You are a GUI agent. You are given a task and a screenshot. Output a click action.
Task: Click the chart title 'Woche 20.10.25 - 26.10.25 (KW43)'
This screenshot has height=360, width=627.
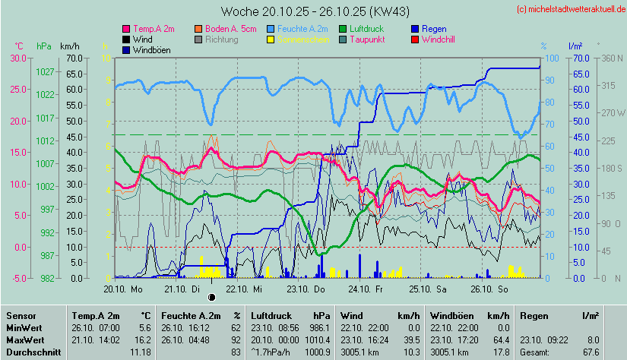pos(313,11)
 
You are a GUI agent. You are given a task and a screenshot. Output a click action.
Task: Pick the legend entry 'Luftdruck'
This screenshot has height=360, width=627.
pos(368,28)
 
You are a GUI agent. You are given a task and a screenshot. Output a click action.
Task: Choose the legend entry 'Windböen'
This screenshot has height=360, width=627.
pos(150,49)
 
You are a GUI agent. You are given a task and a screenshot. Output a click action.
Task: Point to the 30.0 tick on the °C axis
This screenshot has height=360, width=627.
pos(17,58)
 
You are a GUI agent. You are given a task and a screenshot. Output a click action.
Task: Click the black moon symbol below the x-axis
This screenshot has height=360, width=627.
pos(212,297)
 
